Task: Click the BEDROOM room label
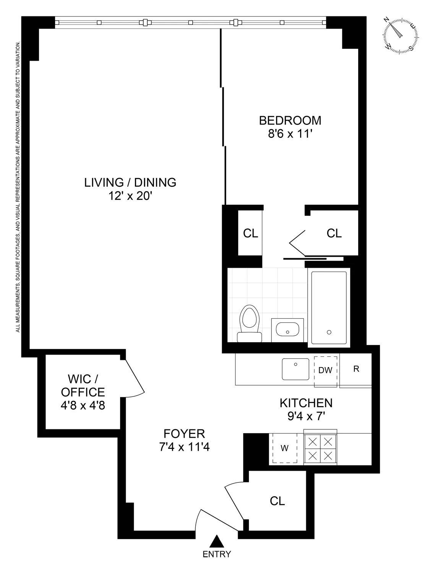click(290, 120)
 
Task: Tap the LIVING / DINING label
click(130, 182)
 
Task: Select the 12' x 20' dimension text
click(130, 196)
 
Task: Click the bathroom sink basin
click(287, 329)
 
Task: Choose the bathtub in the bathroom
click(329, 308)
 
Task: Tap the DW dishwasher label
click(325, 370)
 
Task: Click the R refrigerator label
click(356, 369)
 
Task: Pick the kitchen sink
click(295, 369)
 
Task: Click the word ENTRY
click(217, 554)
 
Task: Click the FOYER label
click(184, 434)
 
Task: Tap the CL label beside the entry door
click(277, 501)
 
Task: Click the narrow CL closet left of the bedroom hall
click(250, 233)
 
